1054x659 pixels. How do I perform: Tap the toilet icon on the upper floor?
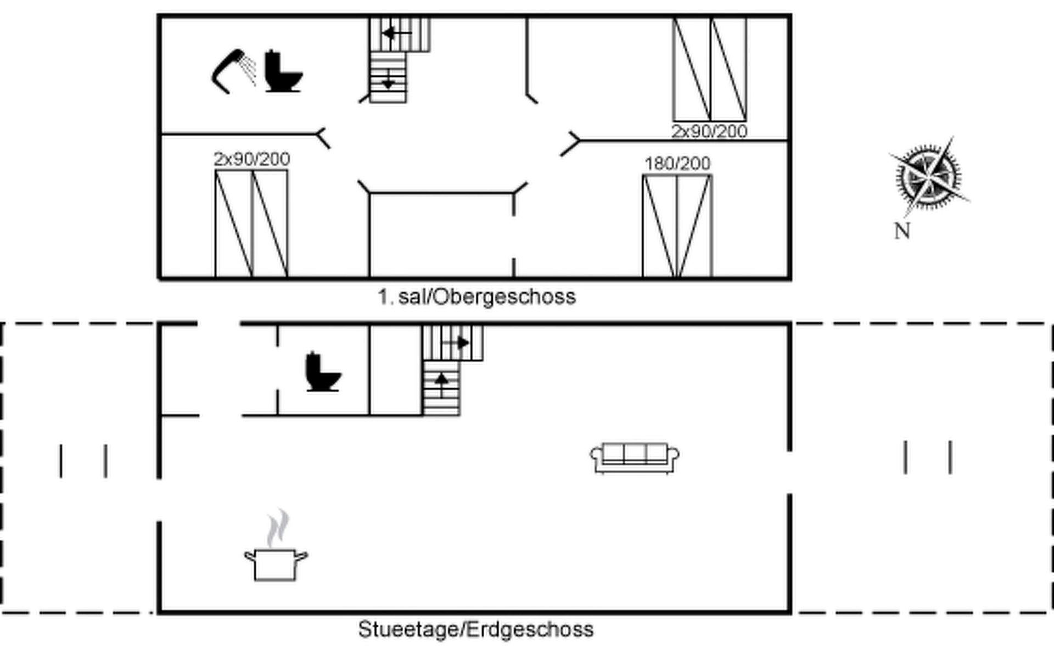coord(283,71)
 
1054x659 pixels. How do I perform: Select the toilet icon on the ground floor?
coord(323,372)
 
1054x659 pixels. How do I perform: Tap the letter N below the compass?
coord(902,231)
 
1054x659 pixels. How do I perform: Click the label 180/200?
coord(677,164)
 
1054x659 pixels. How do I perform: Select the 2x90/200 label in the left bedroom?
coord(251,159)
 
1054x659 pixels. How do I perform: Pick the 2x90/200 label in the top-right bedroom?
coord(709,132)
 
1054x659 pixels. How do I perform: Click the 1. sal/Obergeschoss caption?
coord(476,297)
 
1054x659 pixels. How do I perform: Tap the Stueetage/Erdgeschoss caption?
coord(475,629)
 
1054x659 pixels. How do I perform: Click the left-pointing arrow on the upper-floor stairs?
coord(397,34)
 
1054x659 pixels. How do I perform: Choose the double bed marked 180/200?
coord(677,226)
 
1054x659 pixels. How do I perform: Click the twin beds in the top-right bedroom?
coord(710,69)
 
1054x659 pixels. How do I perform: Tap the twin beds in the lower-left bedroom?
coord(251,224)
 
